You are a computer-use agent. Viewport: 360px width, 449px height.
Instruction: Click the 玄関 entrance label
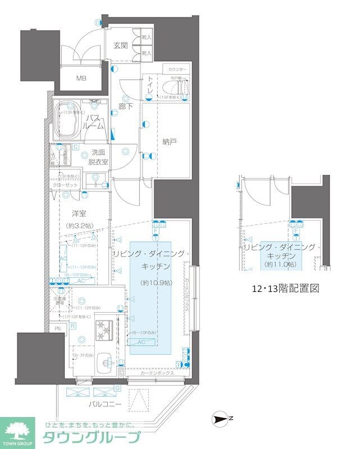[x=121, y=46]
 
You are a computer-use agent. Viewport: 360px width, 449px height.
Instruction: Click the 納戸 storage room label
[x=169, y=142]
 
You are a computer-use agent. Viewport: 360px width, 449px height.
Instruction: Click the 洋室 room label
[x=79, y=213]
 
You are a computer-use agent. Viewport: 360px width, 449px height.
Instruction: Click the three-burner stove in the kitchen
[x=104, y=330]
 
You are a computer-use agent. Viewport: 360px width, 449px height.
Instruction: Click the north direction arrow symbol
[x=221, y=418]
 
